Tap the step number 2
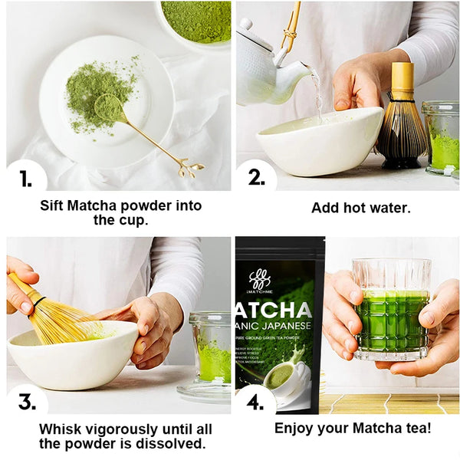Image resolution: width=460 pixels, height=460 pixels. [x=256, y=178]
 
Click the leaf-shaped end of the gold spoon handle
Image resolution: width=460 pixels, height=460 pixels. [x=189, y=167]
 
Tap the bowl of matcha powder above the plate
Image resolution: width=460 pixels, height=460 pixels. [x=196, y=19]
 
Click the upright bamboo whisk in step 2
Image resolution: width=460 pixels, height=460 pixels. [x=402, y=123]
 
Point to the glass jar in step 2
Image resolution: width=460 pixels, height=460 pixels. [x=441, y=138]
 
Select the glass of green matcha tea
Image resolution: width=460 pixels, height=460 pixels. [x=391, y=310]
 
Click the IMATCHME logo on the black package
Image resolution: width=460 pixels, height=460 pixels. [x=260, y=280]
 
